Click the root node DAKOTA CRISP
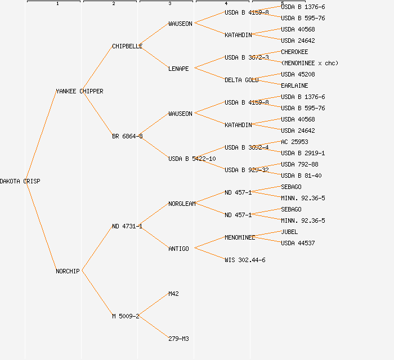[20, 181]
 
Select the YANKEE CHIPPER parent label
[79, 91]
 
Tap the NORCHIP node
[68, 271]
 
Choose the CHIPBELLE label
[127, 46]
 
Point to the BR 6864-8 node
[127, 136]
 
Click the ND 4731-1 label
[127, 226]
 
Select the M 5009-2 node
[126, 316]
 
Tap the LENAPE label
[178, 69]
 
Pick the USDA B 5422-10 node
[192, 159]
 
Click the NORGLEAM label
[182, 204]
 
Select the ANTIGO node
[178, 249]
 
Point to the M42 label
[173, 294]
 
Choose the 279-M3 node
[178, 339]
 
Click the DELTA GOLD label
[241, 80]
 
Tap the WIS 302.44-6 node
[245, 260]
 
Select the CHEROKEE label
[294, 52]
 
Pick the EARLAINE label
[294, 85]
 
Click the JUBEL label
[289, 232]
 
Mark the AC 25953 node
[294, 142]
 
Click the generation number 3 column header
[170, 4]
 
